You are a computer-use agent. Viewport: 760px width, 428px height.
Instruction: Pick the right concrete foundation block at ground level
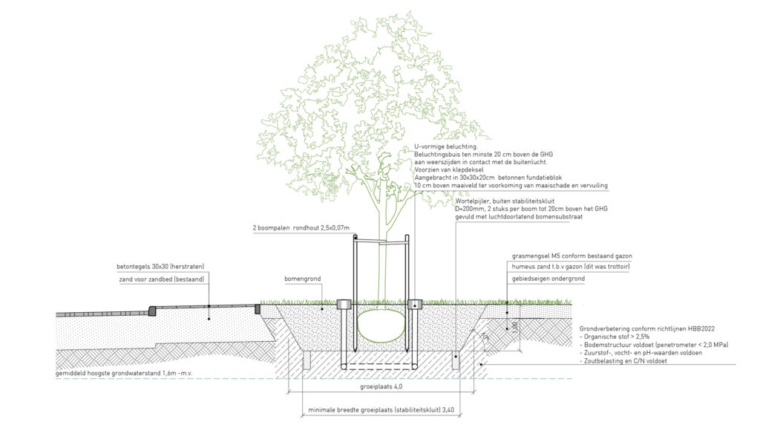pos(415,304)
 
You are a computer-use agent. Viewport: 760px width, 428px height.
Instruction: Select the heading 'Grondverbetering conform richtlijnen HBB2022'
pos(643,328)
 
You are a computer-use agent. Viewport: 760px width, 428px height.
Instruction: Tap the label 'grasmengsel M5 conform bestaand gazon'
pos(568,256)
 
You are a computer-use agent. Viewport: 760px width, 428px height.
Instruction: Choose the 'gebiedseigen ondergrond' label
pos(548,279)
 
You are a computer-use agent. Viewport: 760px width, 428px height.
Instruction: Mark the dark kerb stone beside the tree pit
pos(259,308)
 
